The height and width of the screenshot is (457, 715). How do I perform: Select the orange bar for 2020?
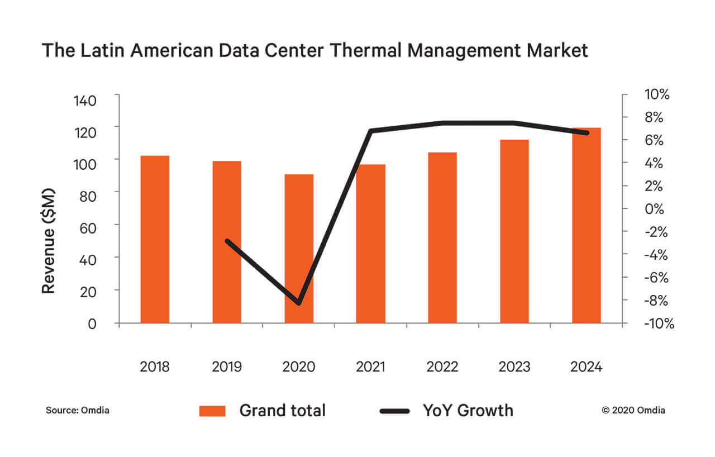tap(299, 249)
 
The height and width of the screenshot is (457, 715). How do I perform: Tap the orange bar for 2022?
tap(442, 237)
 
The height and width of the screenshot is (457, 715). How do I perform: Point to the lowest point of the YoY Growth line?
tap(299, 303)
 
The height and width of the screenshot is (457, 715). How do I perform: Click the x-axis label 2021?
tap(370, 367)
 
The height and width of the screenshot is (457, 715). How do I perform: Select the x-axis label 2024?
tap(587, 367)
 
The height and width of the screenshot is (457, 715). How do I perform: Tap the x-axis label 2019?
tap(227, 367)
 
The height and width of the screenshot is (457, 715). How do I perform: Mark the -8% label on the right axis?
tap(655, 301)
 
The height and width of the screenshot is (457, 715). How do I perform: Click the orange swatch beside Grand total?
tap(212, 411)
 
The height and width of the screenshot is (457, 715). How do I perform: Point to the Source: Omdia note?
tap(78, 411)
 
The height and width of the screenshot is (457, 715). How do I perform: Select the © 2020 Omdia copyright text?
tap(633, 411)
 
